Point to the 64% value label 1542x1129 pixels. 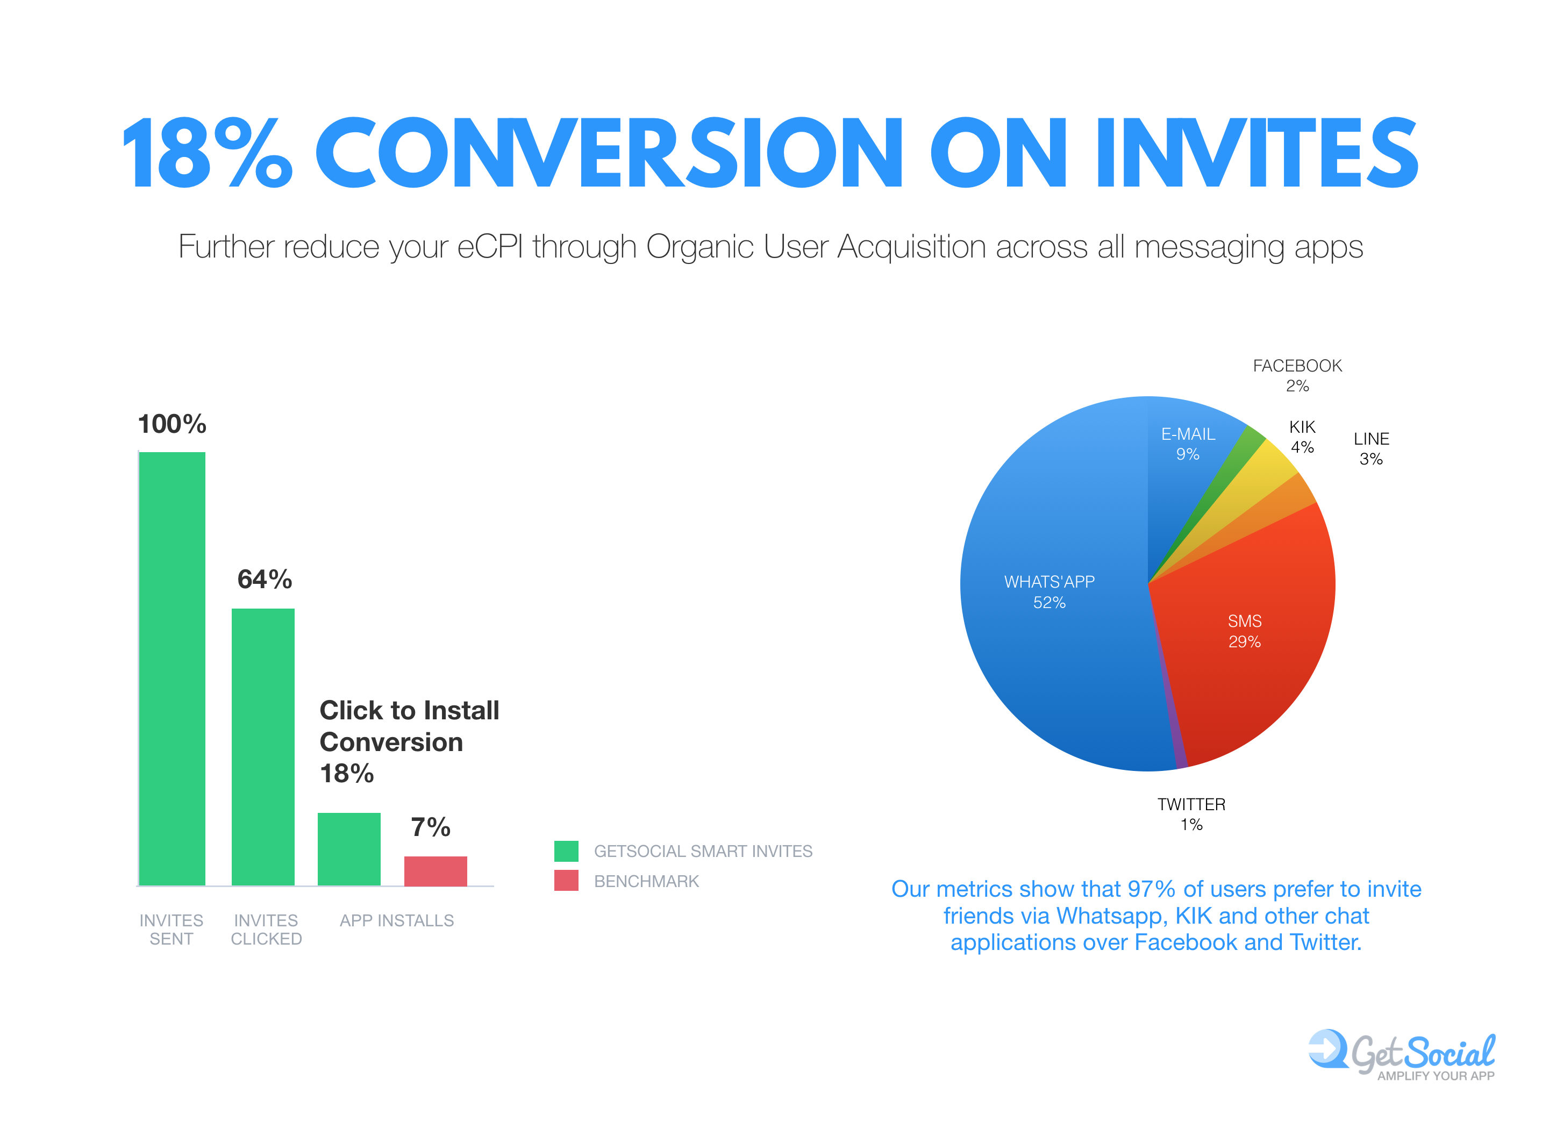265,580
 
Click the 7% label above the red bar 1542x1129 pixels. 431,827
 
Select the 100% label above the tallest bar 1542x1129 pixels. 172,424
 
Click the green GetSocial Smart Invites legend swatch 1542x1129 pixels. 566,851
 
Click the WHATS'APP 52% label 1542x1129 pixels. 1049,592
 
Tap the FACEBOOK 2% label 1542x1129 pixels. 1297,375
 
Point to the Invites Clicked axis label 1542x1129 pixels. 266,930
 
